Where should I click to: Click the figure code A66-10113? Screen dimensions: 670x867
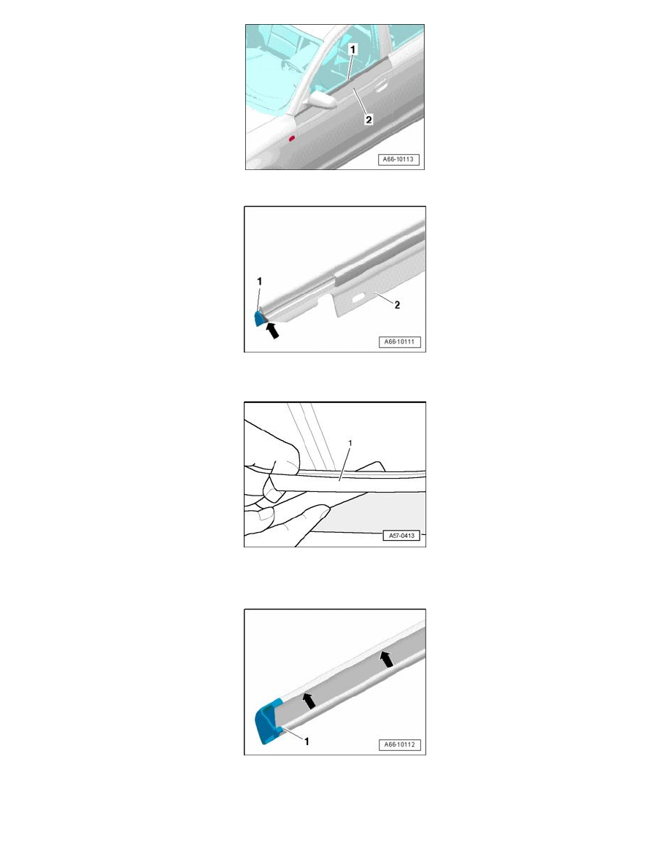click(398, 159)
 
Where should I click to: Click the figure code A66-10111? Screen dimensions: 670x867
click(399, 342)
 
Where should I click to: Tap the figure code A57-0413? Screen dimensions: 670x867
click(401, 535)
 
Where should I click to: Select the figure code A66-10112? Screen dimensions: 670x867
click(399, 744)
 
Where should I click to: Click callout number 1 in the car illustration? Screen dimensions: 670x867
click(353, 50)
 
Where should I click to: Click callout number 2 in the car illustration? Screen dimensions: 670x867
click(369, 119)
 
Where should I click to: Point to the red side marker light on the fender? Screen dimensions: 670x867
click(292, 138)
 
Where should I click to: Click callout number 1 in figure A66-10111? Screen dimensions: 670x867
click(259, 282)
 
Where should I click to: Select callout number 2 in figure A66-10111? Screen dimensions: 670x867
click(397, 304)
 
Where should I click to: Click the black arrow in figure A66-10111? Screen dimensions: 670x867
click(272, 330)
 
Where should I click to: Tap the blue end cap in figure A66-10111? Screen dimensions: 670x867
click(259, 319)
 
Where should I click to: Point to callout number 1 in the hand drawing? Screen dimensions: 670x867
click(350, 443)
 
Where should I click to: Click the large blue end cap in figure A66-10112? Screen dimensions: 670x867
click(268, 722)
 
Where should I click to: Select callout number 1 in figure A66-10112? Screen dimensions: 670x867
click(307, 741)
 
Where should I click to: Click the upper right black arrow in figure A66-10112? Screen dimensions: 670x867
click(386, 658)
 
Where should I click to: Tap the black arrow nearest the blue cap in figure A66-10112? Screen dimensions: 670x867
click(309, 701)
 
